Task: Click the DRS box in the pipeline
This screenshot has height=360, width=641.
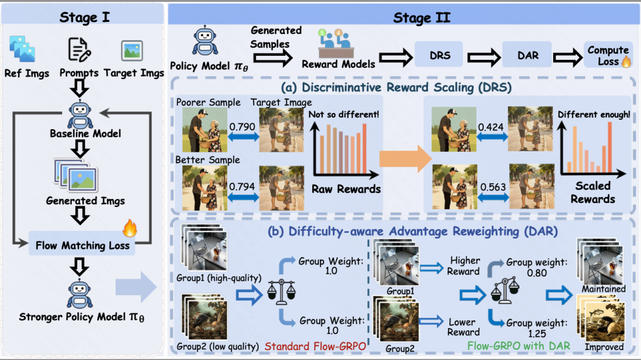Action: point(439,55)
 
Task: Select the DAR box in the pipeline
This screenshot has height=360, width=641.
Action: point(527,55)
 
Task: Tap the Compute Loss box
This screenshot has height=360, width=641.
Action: point(608,55)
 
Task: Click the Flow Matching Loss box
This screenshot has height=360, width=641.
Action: point(82,244)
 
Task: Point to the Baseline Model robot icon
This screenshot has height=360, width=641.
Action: point(80,114)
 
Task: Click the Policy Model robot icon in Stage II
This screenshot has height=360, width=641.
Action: point(205,41)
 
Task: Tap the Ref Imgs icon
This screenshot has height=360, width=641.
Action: point(22,49)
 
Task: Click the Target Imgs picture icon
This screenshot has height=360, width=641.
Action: point(132,50)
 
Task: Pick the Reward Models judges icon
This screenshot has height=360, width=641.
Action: point(336,43)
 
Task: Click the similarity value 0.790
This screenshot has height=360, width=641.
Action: point(242,127)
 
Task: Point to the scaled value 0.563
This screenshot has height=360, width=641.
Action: point(493,187)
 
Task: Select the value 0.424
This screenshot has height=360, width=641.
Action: point(491,127)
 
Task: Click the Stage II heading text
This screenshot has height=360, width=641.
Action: point(422,18)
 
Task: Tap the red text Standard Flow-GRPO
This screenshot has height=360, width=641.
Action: point(315,346)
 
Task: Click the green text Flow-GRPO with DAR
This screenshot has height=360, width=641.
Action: point(519,346)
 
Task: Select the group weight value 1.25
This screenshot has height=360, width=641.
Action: point(537,333)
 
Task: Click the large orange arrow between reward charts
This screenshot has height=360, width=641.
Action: point(405,158)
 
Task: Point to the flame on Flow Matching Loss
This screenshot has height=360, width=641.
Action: point(129,228)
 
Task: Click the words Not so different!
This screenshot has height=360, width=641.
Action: point(344,114)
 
